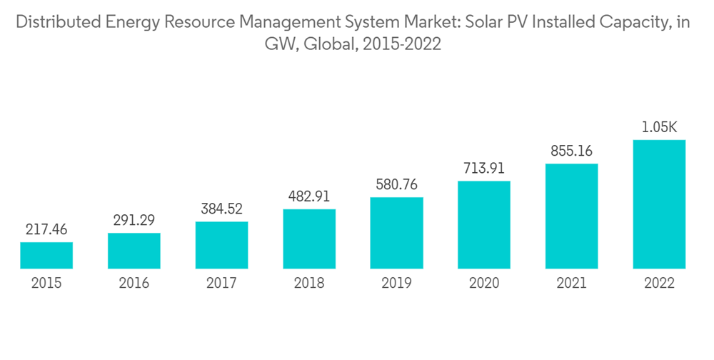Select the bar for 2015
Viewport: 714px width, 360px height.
coord(46,255)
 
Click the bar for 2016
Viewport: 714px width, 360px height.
coord(134,251)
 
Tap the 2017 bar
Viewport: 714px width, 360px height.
coord(221,245)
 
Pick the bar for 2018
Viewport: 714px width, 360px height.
coord(309,239)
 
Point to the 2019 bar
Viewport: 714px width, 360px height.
coord(396,233)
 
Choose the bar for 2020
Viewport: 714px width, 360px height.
coord(484,224)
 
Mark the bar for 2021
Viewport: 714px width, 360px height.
coord(571,216)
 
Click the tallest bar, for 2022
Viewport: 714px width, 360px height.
coord(659,204)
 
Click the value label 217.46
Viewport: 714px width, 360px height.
coord(46,231)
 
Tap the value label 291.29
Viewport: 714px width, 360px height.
coord(134,221)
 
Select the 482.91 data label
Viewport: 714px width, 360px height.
coord(309,197)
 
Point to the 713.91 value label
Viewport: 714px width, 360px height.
coord(484,169)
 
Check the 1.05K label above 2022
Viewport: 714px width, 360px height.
coord(659,128)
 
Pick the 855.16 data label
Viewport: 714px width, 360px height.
coord(571,151)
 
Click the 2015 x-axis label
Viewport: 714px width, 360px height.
coord(46,284)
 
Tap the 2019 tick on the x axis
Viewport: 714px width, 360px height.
coord(396,284)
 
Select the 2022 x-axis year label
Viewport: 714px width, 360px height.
coord(659,284)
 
